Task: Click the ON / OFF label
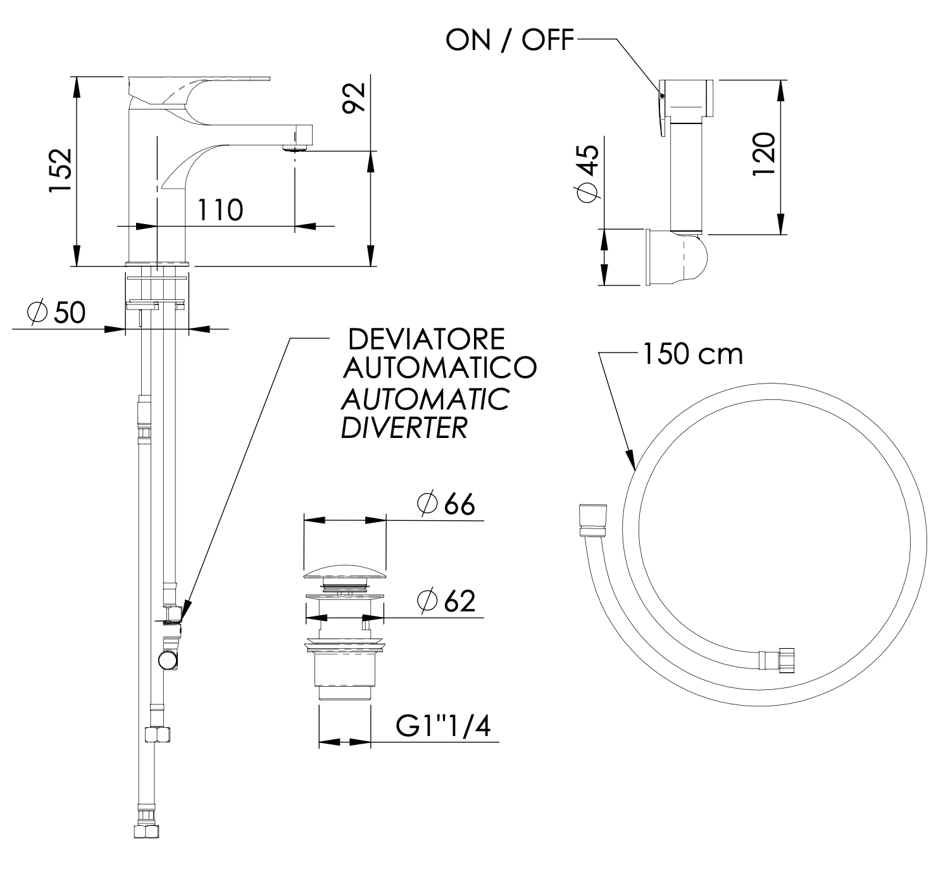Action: [x=509, y=41]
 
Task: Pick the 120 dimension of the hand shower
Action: [x=763, y=156]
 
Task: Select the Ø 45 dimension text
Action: [x=587, y=173]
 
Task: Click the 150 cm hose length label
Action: [x=692, y=354]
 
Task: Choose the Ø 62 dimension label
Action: [x=446, y=601]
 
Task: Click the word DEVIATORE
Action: [x=427, y=340]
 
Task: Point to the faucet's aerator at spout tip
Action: [x=295, y=149]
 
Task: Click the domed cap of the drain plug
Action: [x=345, y=573]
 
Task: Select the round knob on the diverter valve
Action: [x=168, y=661]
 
